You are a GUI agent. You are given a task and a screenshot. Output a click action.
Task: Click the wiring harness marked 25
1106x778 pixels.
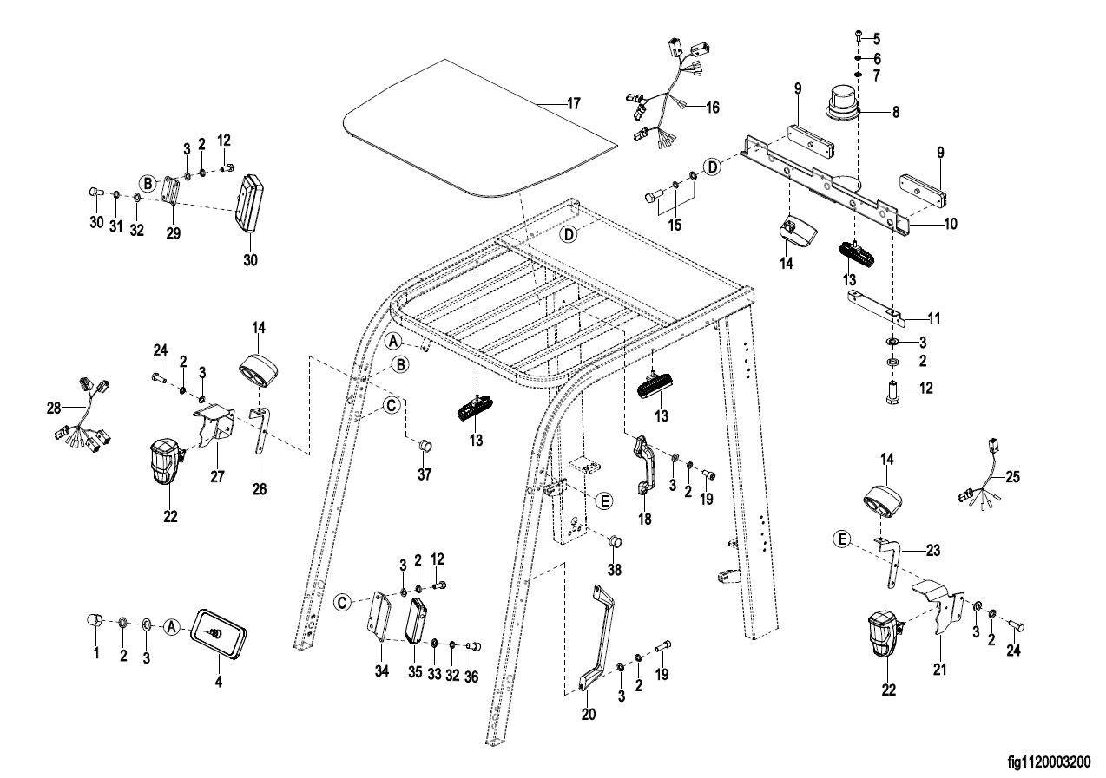(x=984, y=486)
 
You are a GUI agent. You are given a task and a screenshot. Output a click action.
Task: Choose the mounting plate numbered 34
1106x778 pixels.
(x=379, y=618)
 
